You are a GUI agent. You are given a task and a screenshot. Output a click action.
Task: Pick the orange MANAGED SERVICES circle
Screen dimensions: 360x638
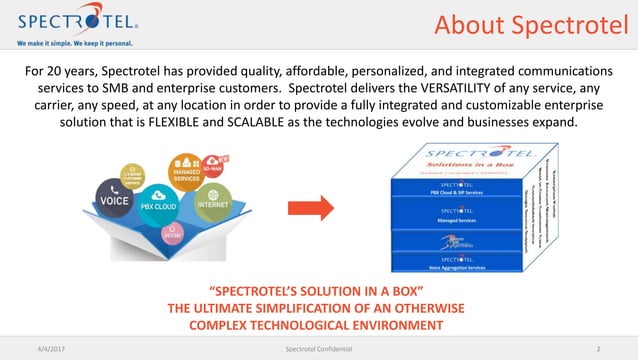(188, 171)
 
